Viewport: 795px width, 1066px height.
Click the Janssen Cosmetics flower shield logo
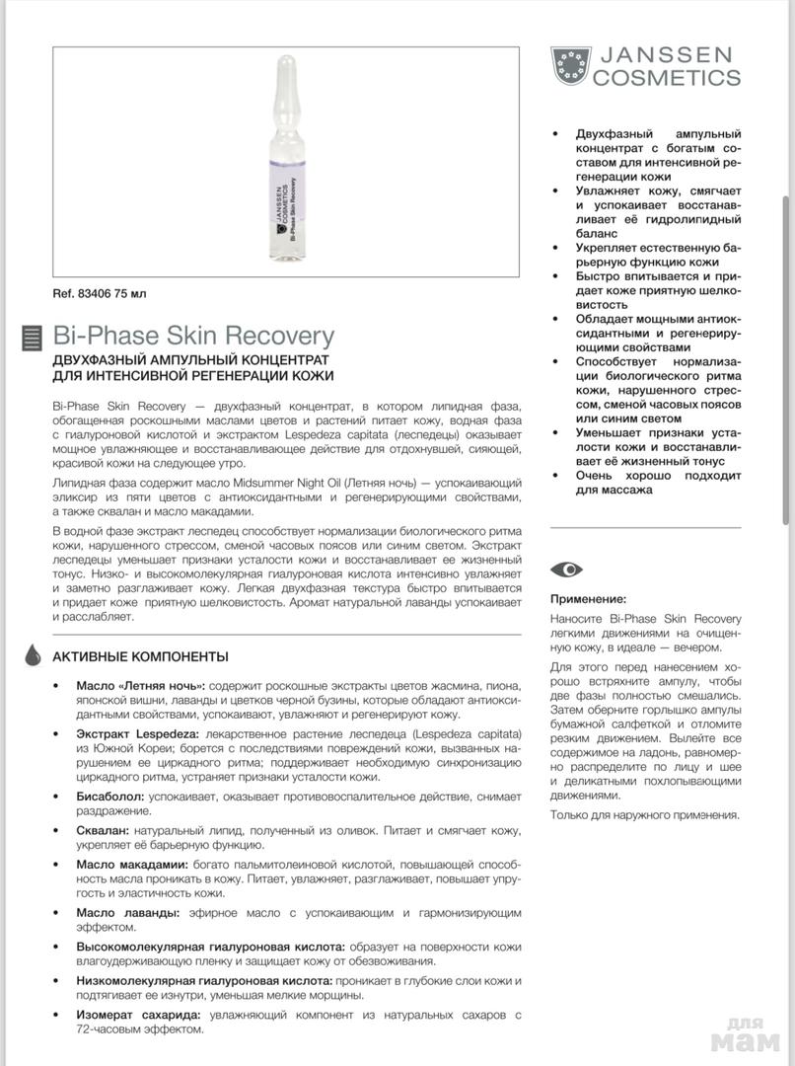pos(570,66)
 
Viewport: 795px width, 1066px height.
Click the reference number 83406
pos(90,293)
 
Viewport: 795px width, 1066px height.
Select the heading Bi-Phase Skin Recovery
pos(193,336)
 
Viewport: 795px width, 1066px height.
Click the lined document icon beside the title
pos(32,338)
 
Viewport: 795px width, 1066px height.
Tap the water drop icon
pos(33,655)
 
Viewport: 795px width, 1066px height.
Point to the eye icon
pos(566,570)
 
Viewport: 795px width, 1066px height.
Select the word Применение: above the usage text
pos(588,598)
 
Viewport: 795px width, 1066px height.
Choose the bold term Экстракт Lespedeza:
pos(138,734)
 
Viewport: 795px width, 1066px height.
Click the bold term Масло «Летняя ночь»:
pos(141,685)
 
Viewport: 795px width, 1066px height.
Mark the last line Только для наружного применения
pos(644,814)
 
